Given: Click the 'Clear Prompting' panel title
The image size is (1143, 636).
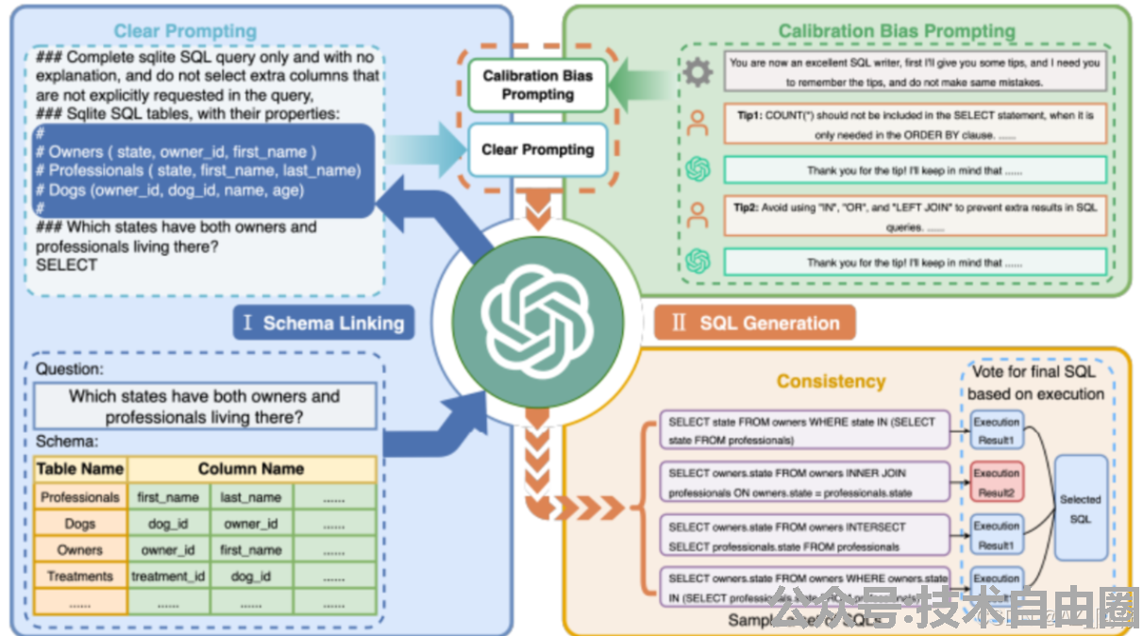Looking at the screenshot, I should coord(184,31).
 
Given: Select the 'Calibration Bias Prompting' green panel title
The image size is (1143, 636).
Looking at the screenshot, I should coord(897,31).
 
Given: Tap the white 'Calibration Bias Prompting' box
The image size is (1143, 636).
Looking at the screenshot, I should coord(538,85).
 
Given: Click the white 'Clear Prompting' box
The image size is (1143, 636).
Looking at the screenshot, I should coord(538,149).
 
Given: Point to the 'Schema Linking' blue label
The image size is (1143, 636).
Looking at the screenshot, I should coord(323,324).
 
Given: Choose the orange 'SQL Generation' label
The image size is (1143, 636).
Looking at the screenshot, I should coord(755,324).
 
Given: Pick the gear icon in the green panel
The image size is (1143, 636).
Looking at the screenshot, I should coord(698,73).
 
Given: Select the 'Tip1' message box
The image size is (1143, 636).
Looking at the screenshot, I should coord(915,124).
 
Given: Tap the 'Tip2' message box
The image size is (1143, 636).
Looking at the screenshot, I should coord(915,216).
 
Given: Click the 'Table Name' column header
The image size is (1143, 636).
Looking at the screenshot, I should coord(80,469).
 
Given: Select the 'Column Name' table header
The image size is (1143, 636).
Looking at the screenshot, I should coord(251,469).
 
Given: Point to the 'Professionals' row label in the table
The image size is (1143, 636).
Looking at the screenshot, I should coord(80,497).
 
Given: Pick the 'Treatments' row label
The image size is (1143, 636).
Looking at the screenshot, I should coord(80,576).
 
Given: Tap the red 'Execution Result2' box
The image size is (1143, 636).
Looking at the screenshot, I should coord(997,482).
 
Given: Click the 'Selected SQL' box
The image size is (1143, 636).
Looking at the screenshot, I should coord(1081,509).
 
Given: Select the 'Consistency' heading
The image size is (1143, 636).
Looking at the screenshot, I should coord(831,381).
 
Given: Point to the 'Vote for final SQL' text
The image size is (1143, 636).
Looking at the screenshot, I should coord(1034,373).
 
